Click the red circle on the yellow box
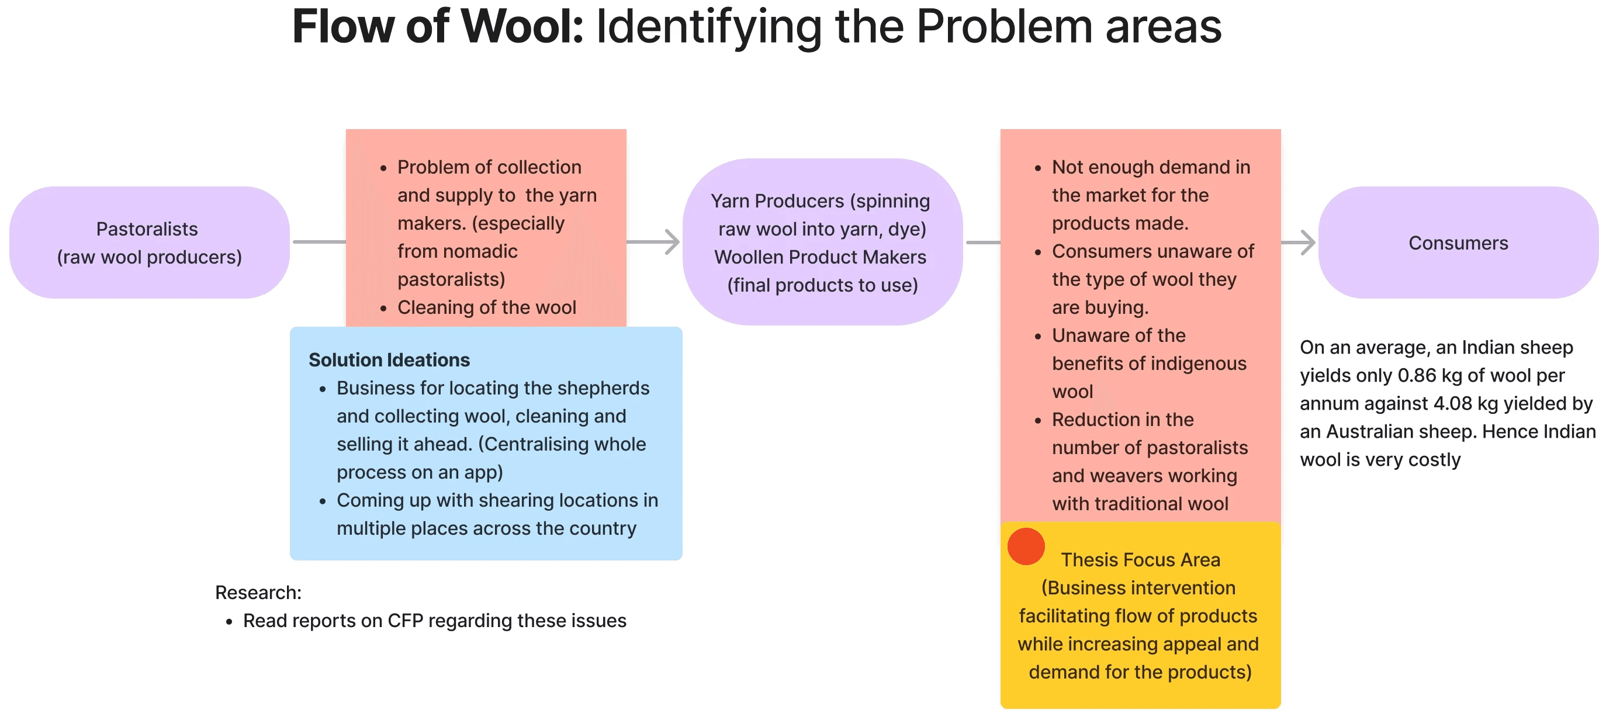pos(1026,546)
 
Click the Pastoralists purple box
pos(148,243)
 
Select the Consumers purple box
pos(1458,243)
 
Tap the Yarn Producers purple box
pos(822,243)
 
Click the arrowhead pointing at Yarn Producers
pos(672,242)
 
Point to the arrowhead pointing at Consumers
pos(1308,242)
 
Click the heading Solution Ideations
pos(389,359)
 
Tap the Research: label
pos(258,592)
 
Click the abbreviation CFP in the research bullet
pos(405,621)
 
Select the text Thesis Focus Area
pos(1140,560)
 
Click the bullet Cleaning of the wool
pos(486,307)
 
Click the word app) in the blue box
pos(483,472)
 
